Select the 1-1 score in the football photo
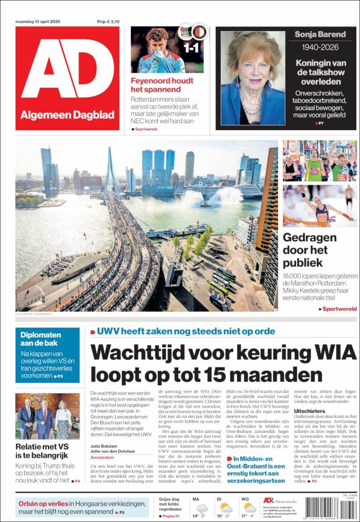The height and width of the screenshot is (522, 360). pyautogui.click(x=192, y=48)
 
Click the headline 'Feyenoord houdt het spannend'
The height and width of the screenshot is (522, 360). pyautogui.click(x=156, y=85)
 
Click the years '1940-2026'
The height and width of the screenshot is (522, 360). pyautogui.click(x=320, y=47)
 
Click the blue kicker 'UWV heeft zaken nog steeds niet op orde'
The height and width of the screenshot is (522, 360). pyautogui.click(x=186, y=331)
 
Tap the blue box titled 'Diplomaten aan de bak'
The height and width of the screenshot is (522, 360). pyautogui.click(x=47, y=355)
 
